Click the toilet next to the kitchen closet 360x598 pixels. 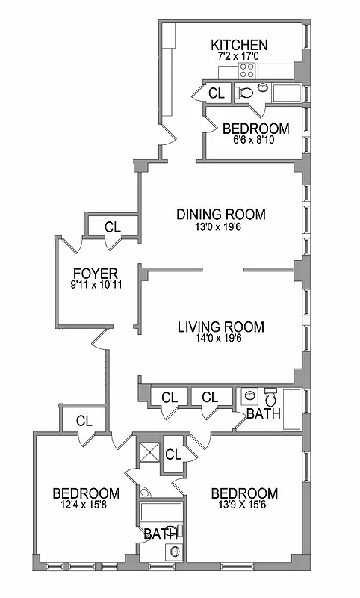[243, 93]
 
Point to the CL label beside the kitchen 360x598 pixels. [216, 93]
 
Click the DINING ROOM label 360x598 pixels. [220, 215]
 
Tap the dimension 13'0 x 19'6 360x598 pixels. [220, 226]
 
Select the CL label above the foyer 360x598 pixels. [112, 226]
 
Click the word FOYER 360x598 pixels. [95, 272]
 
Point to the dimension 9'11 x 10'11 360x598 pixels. [95, 284]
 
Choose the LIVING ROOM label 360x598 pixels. [220, 327]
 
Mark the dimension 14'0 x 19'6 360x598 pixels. [220, 339]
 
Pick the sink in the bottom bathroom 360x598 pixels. [174, 552]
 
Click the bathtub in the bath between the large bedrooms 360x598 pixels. [160, 514]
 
